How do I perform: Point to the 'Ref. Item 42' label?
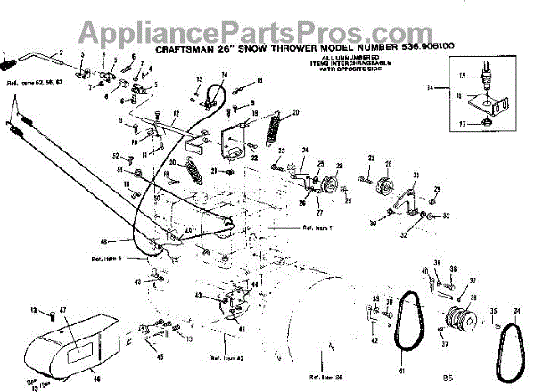coord(226,357)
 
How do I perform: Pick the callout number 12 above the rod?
coord(177,114)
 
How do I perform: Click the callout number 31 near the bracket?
coord(416,175)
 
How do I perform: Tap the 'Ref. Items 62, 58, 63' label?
coord(28,82)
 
